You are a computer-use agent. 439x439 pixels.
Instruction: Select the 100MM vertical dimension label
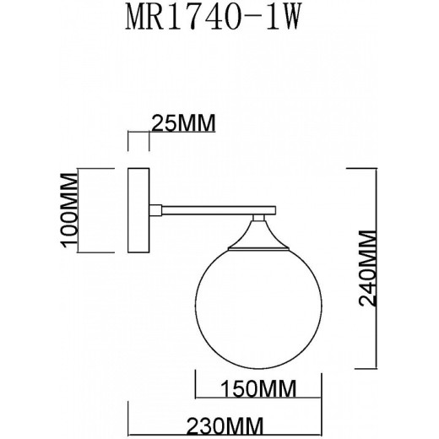(70, 210)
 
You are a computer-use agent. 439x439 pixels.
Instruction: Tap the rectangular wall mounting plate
(138, 210)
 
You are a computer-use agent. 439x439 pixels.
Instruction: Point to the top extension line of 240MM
(363, 168)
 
